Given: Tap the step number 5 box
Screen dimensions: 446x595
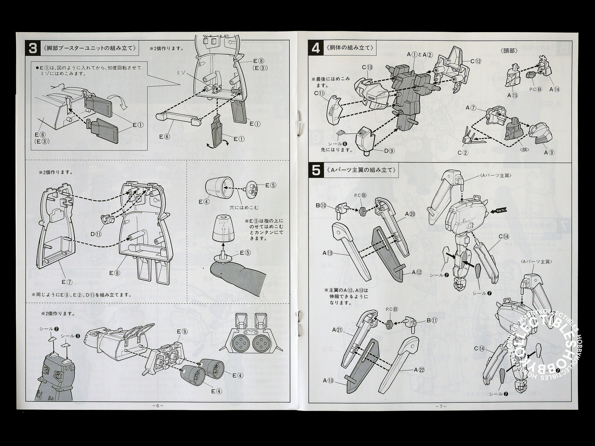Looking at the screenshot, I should (316, 170).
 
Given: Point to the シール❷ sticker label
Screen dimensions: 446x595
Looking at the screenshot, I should (49, 329).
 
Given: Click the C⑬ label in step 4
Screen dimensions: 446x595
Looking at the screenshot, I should (367, 67).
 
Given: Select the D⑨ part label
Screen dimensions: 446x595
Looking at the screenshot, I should (389, 151).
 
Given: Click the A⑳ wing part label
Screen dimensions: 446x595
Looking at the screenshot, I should (410, 214).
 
